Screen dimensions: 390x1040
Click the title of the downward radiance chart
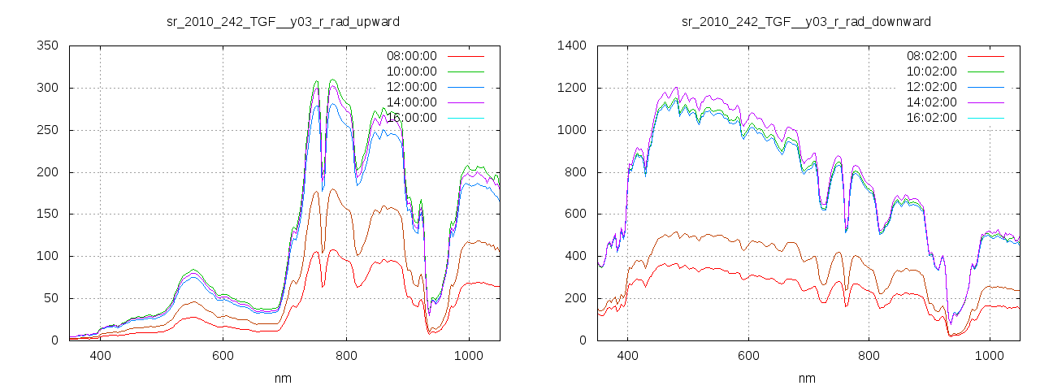pos(806,21)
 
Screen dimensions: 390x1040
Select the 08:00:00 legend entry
pos(412,56)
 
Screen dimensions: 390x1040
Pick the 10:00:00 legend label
pos(412,71)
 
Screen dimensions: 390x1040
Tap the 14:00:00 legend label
pos(412,102)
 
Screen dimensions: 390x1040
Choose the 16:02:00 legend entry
pos(932,118)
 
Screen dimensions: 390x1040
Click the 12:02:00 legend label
pos(932,87)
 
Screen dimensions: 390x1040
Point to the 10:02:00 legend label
pos(932,71)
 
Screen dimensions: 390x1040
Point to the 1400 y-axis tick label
pos(572,45)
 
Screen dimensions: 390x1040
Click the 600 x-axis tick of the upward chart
pos(223,356)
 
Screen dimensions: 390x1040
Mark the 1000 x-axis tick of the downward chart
pos(989,356)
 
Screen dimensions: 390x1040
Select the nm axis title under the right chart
pos(806,378)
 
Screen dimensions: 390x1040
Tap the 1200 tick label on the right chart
pos(572,88)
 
